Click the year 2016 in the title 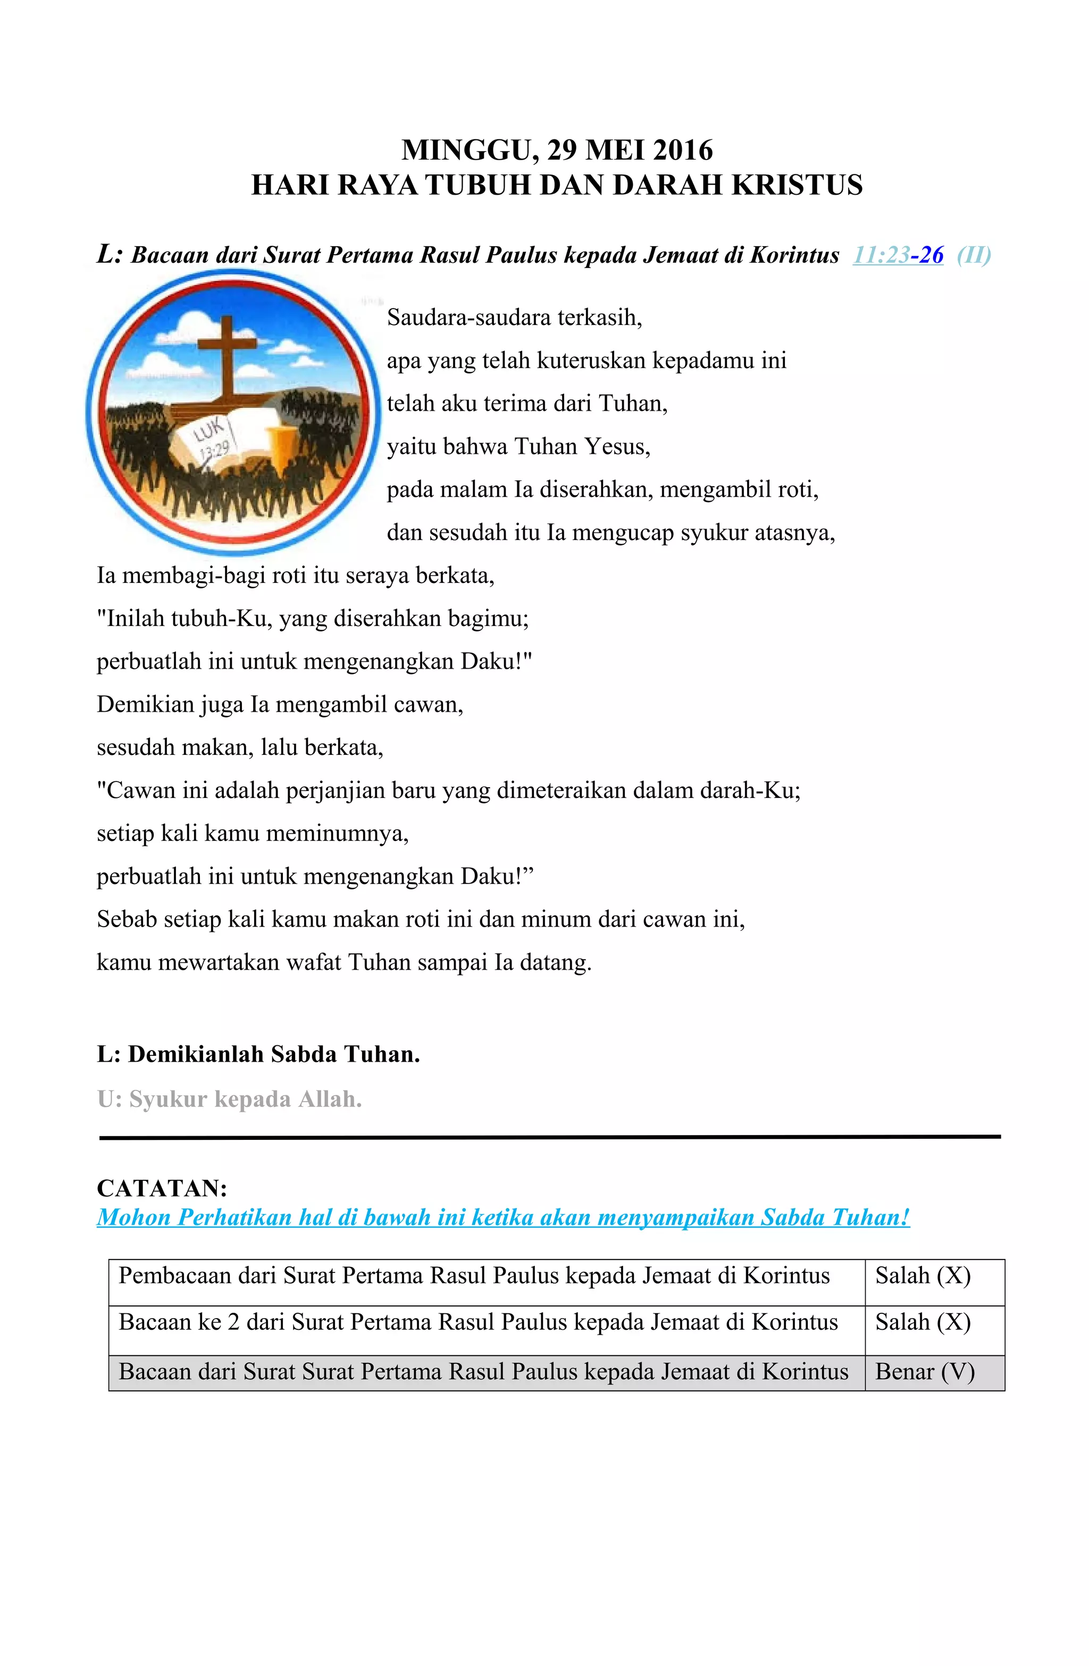[684, 150]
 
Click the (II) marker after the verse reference [974, 255]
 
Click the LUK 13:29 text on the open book [213, 437]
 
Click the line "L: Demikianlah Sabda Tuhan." [258, 1054]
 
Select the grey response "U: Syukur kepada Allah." [230, 1099]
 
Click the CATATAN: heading [162, 1188]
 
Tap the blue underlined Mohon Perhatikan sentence [503, 1217]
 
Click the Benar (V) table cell [925, 1371]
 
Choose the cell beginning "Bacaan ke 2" [478, 1322]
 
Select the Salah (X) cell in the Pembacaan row [923, 1276]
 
